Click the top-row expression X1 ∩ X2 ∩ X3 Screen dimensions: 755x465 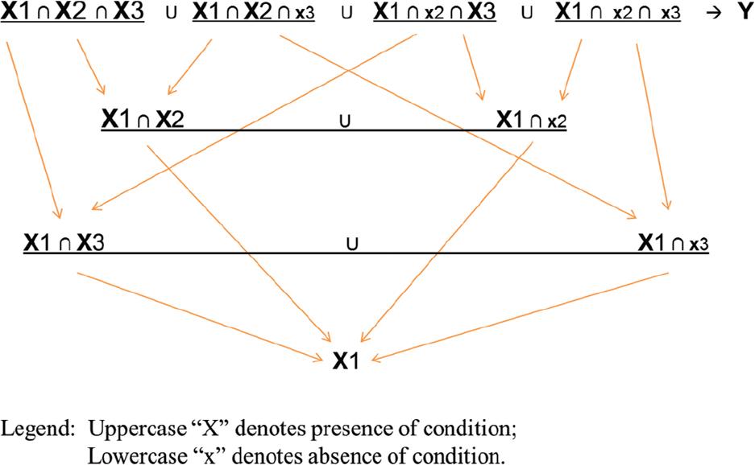73,11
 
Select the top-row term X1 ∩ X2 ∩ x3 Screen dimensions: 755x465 254,11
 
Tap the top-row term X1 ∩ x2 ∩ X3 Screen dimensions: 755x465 435,11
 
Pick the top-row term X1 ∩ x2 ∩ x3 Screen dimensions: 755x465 618,11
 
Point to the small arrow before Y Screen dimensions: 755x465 714,13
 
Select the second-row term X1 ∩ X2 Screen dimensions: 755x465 143,119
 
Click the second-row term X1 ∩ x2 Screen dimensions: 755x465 532,119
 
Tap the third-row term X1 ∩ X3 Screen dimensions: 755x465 64,243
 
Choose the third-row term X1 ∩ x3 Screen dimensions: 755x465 673,243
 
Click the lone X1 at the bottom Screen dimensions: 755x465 346,360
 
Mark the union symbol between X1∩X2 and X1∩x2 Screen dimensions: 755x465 345,121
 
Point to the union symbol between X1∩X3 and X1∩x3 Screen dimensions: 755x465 352,245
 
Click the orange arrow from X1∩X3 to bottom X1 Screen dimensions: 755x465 200,316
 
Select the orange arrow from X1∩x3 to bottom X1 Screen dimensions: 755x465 520,316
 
